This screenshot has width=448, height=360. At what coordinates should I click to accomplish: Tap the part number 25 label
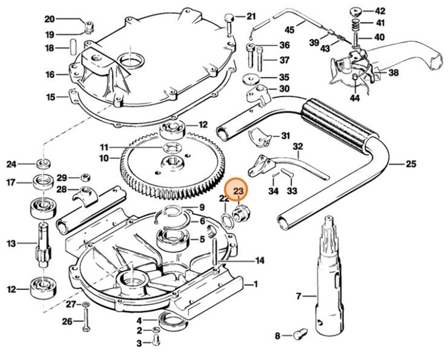[x=411, y=164]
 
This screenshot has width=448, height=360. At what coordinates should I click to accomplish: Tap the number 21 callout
[x=251, y=16]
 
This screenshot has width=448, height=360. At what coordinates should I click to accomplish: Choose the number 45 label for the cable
[x=289, y=30]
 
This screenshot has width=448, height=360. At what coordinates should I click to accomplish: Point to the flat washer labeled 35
[x=249, y=79]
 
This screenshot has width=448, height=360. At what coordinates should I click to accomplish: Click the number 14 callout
[x=259, y=261]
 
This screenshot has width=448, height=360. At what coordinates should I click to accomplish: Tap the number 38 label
[x=394, y=73]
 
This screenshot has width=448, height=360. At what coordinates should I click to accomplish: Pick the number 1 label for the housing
[x=255, y=284]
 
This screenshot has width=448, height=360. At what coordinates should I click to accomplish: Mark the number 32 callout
[x=297, y=147]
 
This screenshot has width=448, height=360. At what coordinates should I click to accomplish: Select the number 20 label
[x=49, y=19]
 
